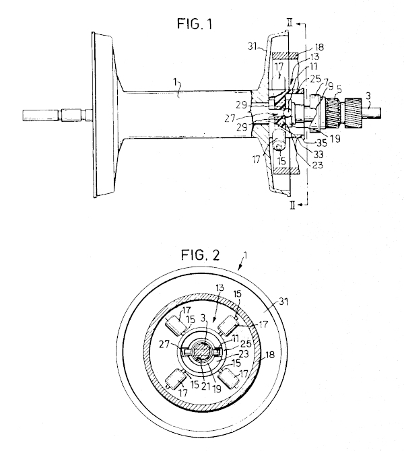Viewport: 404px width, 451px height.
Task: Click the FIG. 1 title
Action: (x=195, y=24)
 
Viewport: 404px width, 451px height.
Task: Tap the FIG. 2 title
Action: (x=200, y=255)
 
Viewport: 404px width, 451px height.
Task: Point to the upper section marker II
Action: (x=290, y=23)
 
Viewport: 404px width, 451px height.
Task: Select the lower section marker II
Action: (x=293, y=205)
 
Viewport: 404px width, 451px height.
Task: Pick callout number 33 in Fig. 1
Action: (x=318, y=154)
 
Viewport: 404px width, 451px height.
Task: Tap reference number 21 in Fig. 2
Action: (x=205, y=386)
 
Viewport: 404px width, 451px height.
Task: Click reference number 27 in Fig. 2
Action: (x=165, y=344)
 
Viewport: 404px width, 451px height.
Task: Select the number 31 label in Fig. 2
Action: (x=283, y=302)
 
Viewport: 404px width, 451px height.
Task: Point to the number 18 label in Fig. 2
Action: (x=270, y=355)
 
